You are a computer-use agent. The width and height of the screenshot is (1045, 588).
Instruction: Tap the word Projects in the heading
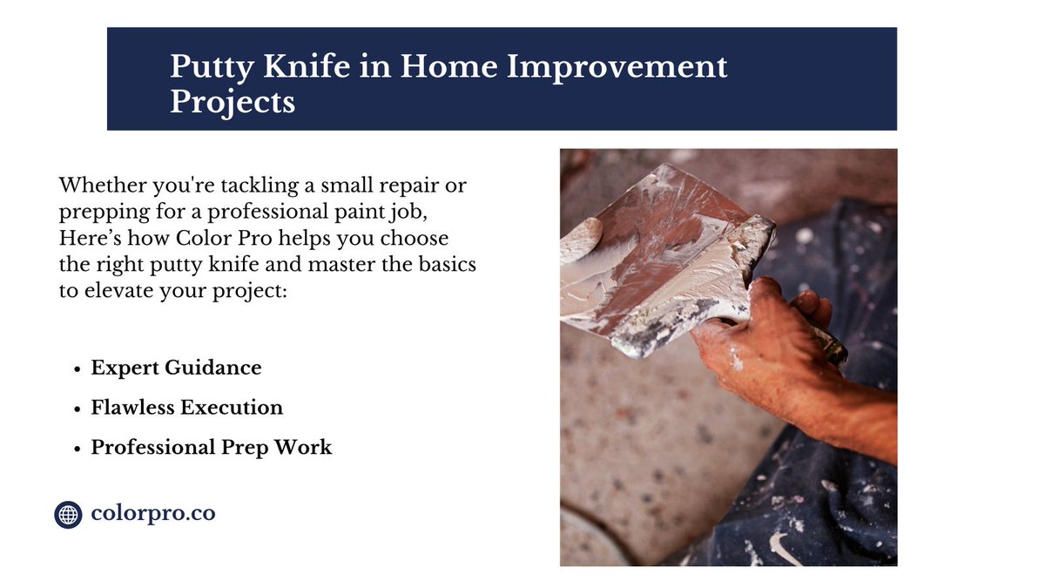[x=233, y=102]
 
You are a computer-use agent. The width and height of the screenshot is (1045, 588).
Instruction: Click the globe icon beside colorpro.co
[x=68, y=514]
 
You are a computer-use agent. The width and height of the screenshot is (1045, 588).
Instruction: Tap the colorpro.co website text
[x=153, y=513]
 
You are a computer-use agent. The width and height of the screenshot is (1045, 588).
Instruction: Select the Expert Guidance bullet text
[x=176, y=368]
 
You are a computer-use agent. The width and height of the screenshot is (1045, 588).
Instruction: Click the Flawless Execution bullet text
[x=187, y=408]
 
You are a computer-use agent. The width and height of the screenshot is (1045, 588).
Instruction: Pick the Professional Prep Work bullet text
[x=212, y=448]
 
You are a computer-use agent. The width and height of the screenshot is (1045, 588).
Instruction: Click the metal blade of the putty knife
[x=662, y=253]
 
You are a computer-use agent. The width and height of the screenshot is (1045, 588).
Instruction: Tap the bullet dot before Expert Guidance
[x=78, y=368]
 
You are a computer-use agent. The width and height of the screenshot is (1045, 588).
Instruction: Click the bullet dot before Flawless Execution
[x=78, y=409]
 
